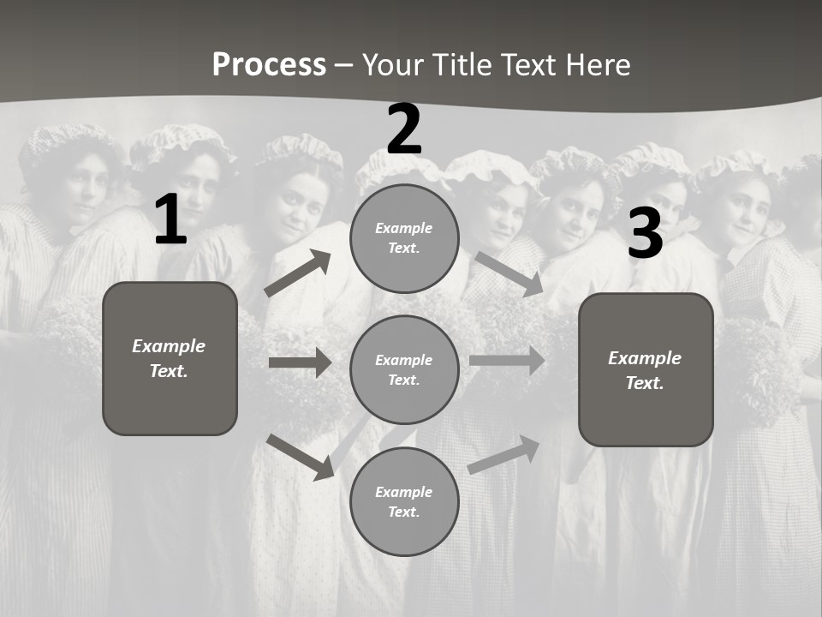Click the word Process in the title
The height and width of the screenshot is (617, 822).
pos(269,65)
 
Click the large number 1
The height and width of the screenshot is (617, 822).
pos(170,220)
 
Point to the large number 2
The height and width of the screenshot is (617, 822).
pos(404,129)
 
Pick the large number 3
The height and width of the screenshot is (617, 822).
pos(645,234)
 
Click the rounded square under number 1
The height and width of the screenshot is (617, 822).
pos(170,358)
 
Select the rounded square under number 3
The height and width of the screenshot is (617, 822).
pos(646,369)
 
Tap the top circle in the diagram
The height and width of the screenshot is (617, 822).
pos(404,238)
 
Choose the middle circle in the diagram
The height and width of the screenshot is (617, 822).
pos(404,369)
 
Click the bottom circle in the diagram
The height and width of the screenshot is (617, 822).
pos(404,501)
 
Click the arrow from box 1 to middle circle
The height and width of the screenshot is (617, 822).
pos(300,362)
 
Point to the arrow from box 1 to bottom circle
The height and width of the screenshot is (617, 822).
pos(300,457)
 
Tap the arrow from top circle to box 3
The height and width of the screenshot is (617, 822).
pos(509,274)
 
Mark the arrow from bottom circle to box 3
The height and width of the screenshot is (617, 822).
pos(503,455)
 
